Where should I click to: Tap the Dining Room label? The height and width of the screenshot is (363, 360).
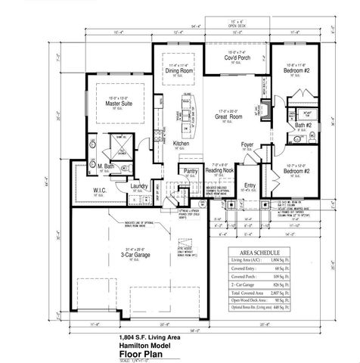[181, 70]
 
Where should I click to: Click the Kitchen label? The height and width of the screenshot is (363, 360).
[181, 143]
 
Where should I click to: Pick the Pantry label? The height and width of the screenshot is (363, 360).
[190, 171]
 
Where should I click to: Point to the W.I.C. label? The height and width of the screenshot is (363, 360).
[100, 191]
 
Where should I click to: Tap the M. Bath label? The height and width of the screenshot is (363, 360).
[104, 166]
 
